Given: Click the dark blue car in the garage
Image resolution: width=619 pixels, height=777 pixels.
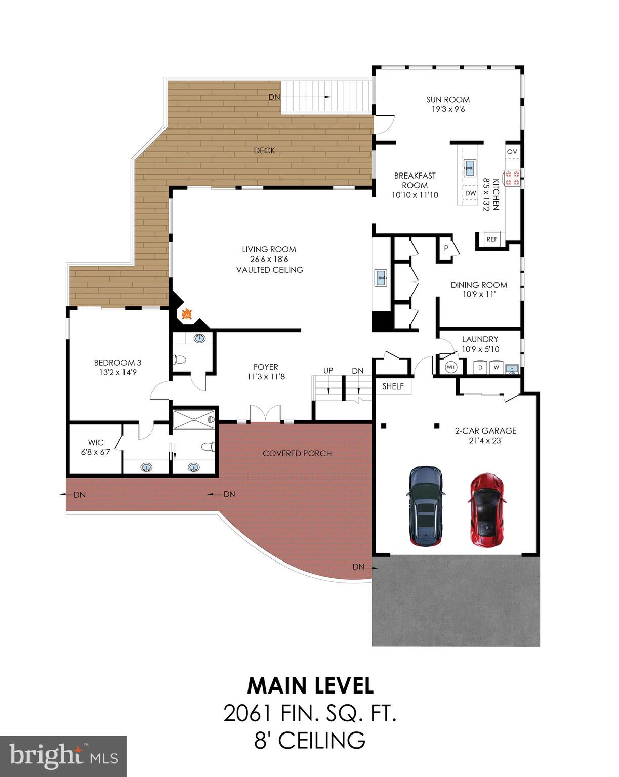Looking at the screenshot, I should click(x=427, y=506).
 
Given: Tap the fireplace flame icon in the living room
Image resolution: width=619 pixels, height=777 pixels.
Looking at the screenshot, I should click(x=187, y=314).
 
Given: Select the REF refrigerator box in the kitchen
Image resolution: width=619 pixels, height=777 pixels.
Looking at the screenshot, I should click(x=491, y=239).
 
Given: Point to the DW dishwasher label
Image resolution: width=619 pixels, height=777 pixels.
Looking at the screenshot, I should click(x=471, y=193).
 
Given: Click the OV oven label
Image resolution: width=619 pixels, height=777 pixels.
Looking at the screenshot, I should click(x=512, y=152).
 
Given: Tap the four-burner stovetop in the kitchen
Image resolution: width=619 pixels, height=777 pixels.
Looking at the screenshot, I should click(x=512, y=178).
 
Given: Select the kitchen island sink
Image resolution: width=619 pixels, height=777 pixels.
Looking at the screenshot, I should click(x=470, y=166).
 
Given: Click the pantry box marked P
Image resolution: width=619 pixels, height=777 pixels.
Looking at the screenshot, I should click(x=446, y=248).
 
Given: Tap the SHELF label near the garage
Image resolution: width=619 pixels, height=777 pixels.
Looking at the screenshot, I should click(x=393, y=386).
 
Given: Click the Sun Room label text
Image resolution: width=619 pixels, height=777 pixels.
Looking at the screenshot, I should click(x=448, y=100).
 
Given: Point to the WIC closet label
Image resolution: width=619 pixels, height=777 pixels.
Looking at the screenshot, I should click(x=96, y=443).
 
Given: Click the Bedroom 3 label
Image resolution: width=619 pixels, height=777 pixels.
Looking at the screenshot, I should click(x=117, y=363).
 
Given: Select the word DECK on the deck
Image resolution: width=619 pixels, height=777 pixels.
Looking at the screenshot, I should click(x=264, y=150).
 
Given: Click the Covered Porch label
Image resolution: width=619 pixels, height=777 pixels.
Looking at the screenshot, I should click(x=297, y=453).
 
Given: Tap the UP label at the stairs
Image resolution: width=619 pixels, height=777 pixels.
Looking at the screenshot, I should click(x=328, y=371).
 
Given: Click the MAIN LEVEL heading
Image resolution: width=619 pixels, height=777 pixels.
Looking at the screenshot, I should click(x=310, y=686).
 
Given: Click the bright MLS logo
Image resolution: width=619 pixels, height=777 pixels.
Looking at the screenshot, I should click(x=63, y=756).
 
